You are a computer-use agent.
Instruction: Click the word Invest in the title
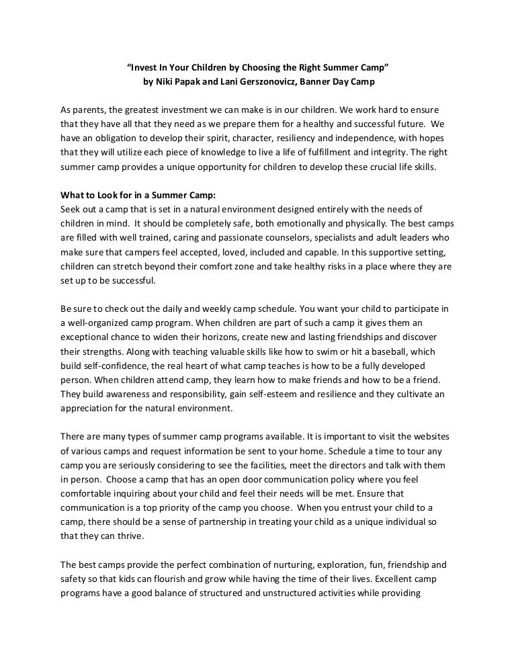point(145,69)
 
